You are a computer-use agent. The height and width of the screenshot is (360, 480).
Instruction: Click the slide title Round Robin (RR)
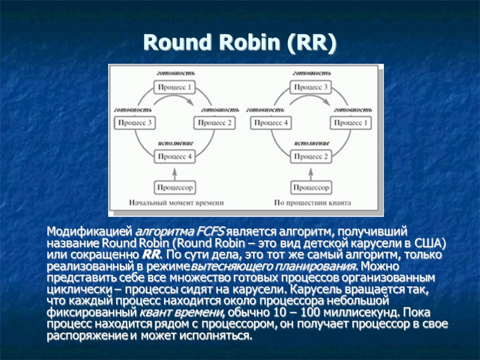click(x=240, y=43)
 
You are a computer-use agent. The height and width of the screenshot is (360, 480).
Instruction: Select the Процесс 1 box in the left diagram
click(x=174, y=87)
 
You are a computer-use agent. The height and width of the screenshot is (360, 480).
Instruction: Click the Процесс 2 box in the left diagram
click(x=214, y=123)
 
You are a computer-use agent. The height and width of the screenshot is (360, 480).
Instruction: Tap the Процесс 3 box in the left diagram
click(x=135, y=123)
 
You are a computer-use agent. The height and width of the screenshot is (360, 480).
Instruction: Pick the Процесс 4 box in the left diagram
click(x=174, y=157)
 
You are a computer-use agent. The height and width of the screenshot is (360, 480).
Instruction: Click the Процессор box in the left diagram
click(x=174, y=187)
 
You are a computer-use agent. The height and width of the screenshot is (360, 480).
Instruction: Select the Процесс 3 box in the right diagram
click(x=311, y=87)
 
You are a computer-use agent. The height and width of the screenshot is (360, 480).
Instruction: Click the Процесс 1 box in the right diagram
click(x=351, y=123)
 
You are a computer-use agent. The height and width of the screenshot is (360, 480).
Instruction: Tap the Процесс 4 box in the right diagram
click(x=271, y=123)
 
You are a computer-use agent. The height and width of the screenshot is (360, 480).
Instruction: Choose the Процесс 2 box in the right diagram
click(x=311, y=157)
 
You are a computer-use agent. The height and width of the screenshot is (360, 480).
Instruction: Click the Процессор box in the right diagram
click(x=311, y=187)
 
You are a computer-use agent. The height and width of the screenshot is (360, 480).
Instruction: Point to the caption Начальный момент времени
click(x=177, y=203)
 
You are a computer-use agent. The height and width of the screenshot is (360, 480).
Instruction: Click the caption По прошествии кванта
click(x=313, y=203)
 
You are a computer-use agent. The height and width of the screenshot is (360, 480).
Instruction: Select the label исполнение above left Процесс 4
click(x=175, y=143)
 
